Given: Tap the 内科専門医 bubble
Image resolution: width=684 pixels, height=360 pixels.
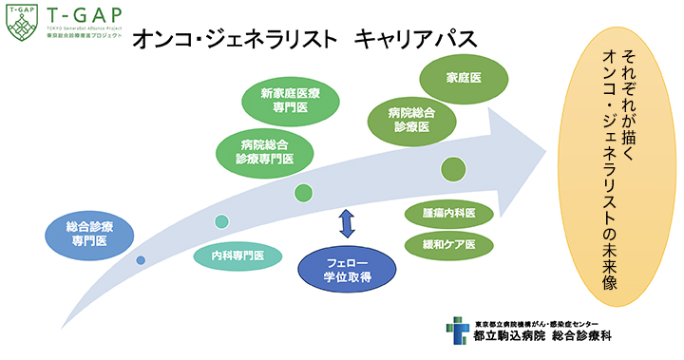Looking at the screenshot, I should coord(237,256).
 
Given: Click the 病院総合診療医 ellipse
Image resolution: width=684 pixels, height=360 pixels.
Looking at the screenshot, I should coord(409,119).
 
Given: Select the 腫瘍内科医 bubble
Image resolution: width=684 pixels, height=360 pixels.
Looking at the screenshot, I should coord(449,212).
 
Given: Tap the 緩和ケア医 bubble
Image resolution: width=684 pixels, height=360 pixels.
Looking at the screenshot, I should coord(449,244).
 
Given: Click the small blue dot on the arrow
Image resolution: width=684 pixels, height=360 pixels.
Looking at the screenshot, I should coord(141,259).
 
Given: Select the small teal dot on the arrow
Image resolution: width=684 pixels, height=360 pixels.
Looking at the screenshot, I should coord(221,222).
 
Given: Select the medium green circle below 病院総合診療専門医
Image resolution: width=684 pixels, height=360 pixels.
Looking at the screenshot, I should coord(303,193).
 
